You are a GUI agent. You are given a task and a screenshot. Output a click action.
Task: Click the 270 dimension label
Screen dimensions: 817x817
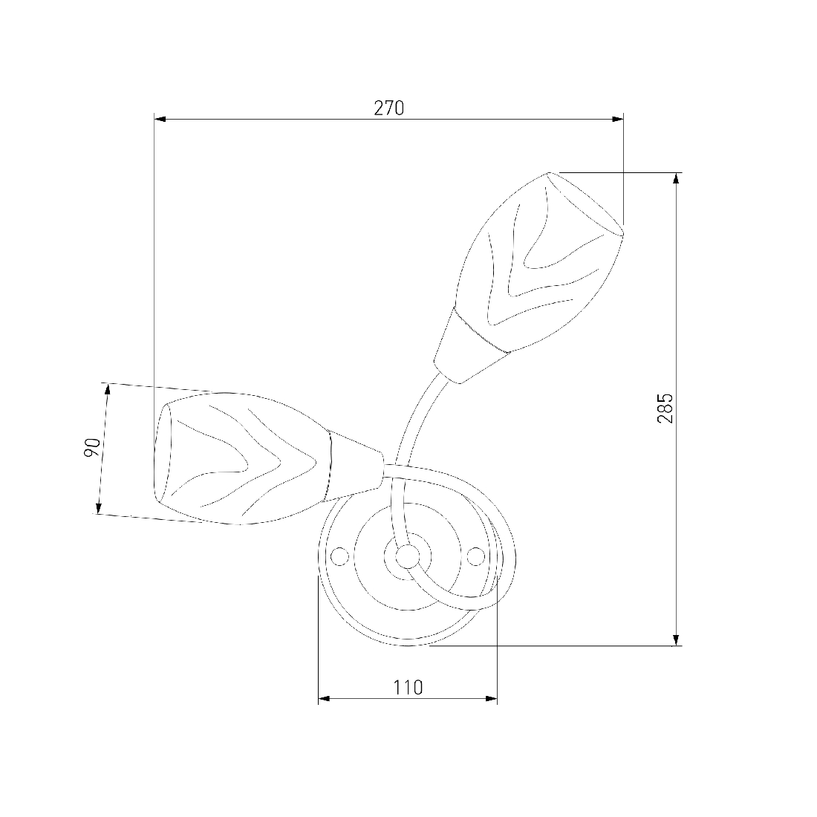[388, 108]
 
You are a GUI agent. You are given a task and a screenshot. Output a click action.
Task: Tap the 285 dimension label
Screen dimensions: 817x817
[665, 408]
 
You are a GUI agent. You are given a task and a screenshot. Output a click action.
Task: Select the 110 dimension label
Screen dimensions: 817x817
[408, 687]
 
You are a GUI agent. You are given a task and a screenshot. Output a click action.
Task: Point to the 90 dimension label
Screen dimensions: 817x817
[91, 448]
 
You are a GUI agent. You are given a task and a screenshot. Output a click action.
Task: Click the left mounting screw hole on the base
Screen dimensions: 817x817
[339, 556]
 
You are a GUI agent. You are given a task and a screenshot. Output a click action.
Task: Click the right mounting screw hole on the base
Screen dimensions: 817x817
[475, 556]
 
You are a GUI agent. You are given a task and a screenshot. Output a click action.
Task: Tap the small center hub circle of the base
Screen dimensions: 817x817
[408, 556]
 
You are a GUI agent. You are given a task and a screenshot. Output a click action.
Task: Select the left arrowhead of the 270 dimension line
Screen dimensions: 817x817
[160, 120]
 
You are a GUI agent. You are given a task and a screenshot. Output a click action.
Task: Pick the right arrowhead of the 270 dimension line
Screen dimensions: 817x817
[618, 120]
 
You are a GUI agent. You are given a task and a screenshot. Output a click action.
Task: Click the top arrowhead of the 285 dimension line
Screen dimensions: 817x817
[677, 178]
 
